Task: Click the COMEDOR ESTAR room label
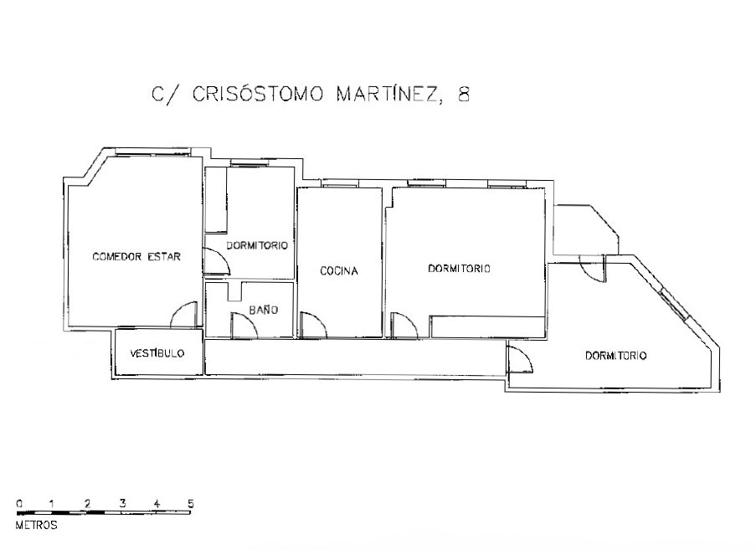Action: click(136, 256)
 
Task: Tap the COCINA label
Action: click(339, 271)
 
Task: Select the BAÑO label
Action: click(264, 310)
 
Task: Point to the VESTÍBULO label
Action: click(157, 352)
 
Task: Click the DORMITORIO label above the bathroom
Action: click(257, 245)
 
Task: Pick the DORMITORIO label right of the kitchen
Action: click(459, 268)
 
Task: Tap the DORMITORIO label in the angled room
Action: click(615, 356)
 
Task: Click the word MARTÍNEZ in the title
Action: click(388, 94)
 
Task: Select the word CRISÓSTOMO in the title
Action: click(258, 94)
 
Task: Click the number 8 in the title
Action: click(463, 94)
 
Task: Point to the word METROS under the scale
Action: click(37, 525)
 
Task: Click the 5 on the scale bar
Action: click(191, 504)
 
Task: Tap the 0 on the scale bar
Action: click(18, 504)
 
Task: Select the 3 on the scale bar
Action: click(122, 503)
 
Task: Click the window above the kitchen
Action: click(340, 183)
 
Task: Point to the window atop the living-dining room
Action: click(153, 152)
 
